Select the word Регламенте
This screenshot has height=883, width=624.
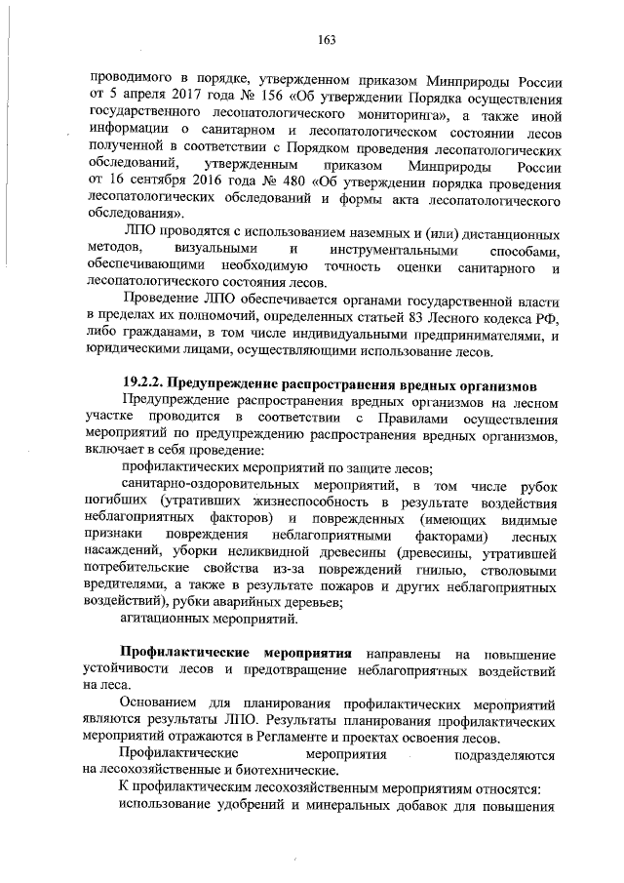point(317,737)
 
